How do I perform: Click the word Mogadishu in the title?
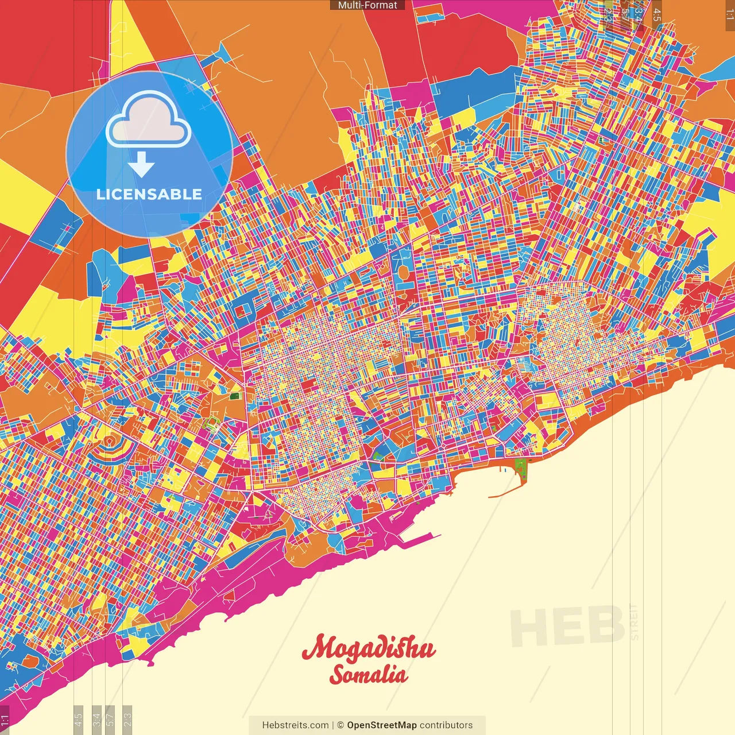(369, 648)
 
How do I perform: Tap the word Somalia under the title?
(369, 675)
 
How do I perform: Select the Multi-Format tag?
(367, 5)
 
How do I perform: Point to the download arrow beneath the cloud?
(141, 164)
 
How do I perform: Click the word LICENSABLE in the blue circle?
(149, 194)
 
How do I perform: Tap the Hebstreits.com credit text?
(295, 725)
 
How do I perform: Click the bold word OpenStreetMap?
(381, 725)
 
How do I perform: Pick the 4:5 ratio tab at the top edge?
(656, 13)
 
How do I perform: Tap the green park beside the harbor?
(521, 468)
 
